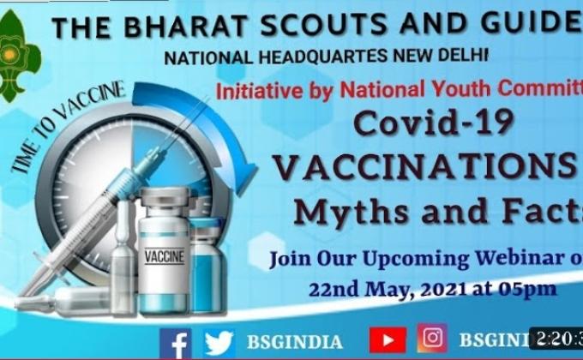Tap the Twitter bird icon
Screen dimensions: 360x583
219,342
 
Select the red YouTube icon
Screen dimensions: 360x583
388,340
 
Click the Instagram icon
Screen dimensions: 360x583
432,338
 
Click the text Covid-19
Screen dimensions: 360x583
435,123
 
